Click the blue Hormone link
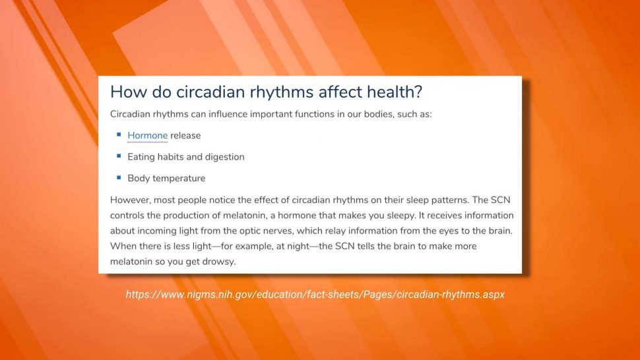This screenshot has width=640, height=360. (147, 135)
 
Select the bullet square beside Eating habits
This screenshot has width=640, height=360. (119, 156)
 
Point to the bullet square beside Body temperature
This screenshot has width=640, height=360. (119, 177)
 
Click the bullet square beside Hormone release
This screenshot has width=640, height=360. (119, 134)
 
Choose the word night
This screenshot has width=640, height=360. (299, 246)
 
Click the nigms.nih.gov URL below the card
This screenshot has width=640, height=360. (315, 294)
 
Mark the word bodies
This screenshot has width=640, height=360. (378, 114)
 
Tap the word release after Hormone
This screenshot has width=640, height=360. (185, 135)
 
